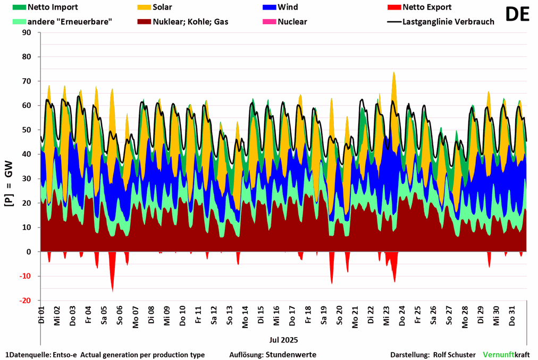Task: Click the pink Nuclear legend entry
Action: pyautogui.click(x=292, y=22)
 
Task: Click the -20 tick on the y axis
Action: pyautogui.click(x=26, y=300)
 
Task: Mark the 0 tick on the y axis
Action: pyautogui.click(x=29, y=252)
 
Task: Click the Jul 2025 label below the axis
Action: pyautogui.click(x=283, y=339)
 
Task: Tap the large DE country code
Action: pyautogui.click(x=517, y=14)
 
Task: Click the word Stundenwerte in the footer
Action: pyautogui.click(x=292, y=355)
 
